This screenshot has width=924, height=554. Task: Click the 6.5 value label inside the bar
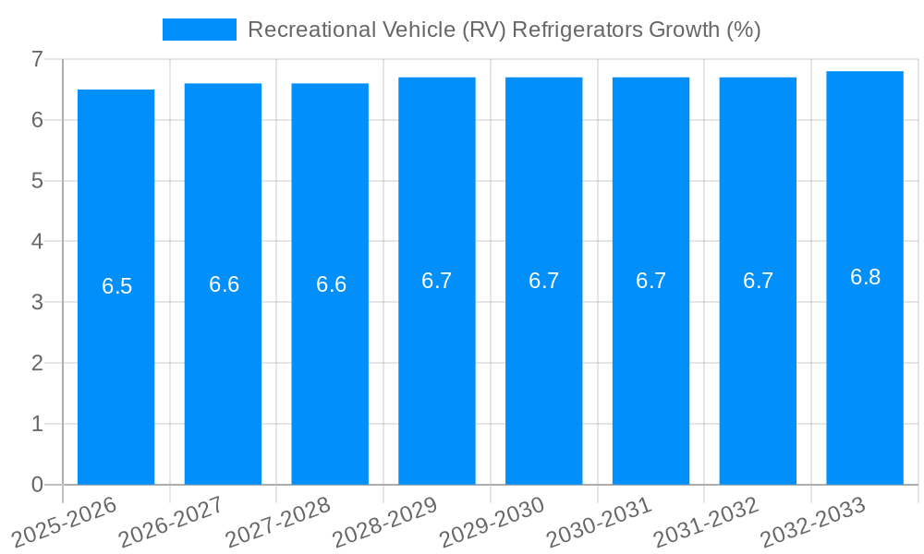coord(116,286)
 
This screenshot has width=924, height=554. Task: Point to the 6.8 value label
coord(865,277)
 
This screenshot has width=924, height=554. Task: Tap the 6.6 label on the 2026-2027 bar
coord(224,284)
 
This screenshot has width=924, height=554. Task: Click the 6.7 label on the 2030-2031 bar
coord(650,282)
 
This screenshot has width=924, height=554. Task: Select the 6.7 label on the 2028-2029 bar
coord(436,282)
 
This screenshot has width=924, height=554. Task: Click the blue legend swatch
coord(199,30)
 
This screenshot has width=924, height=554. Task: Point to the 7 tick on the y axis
coord(38,59)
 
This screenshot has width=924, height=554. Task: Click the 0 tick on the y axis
coord(38,485)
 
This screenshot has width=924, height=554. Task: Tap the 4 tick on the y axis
coord(38,242)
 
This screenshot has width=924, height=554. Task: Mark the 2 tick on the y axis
coord(38,363)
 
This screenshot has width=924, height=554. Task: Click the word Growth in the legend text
coord(679,30)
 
